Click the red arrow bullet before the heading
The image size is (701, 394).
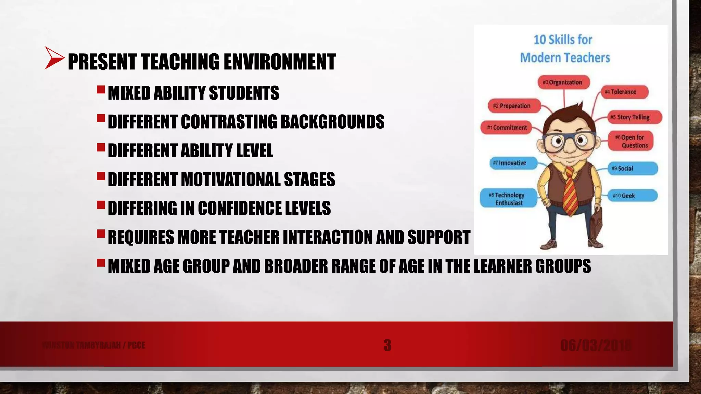coord(54,58)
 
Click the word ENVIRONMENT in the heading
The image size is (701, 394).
coord(280,62)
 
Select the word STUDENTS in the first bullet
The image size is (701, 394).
coord(244,93)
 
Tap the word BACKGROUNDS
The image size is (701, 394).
coord(332,122)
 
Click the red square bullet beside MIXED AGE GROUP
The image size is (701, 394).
coord(101,263)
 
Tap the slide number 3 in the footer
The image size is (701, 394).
coord(387,345)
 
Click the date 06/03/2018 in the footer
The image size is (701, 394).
coord(596,345)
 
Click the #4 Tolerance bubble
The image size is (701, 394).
coord(624,92)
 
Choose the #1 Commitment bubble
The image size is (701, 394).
coord(507,128)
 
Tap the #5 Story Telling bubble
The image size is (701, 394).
coord(634,117)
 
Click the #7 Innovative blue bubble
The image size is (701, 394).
coord(512,163)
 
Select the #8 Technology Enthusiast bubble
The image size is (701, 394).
coord(509,199)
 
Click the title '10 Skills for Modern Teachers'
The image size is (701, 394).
coord(565,49)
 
